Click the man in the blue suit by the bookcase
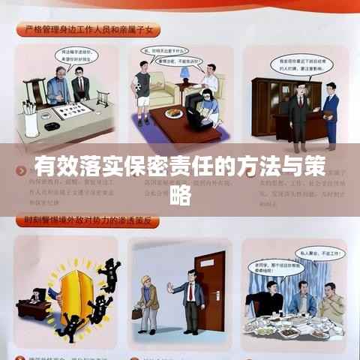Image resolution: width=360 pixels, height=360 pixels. click(329, 112)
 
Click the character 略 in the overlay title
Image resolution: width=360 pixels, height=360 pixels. click(180, 196)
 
